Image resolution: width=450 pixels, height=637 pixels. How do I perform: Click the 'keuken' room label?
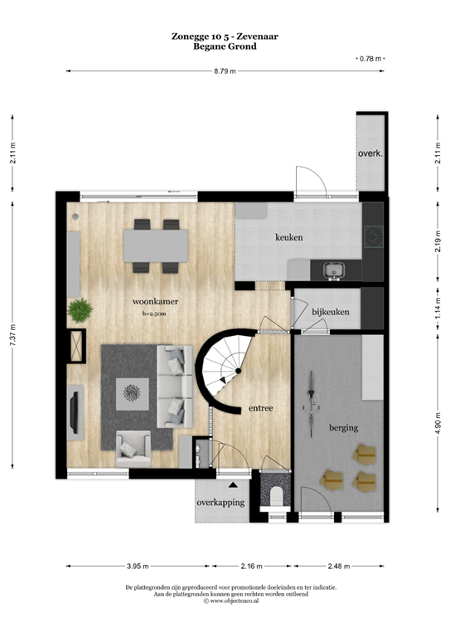click(x=289, y=237)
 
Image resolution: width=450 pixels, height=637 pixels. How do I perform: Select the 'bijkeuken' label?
click(x=331, y=312)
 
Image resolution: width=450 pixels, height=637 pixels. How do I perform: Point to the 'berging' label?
click(x=343, y=428)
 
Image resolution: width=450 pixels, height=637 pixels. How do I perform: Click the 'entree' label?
click(x=261, y=408)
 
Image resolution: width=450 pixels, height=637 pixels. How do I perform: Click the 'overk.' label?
click(x=369, y=154)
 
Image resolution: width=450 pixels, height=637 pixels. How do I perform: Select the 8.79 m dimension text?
click(x=225, y=72)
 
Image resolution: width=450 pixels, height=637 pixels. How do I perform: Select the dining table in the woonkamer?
click(x=156, y=245)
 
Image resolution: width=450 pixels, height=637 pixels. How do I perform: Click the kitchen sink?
click(x=335, y=270)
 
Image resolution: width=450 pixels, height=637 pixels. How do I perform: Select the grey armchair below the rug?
click(x=133, y=450)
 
